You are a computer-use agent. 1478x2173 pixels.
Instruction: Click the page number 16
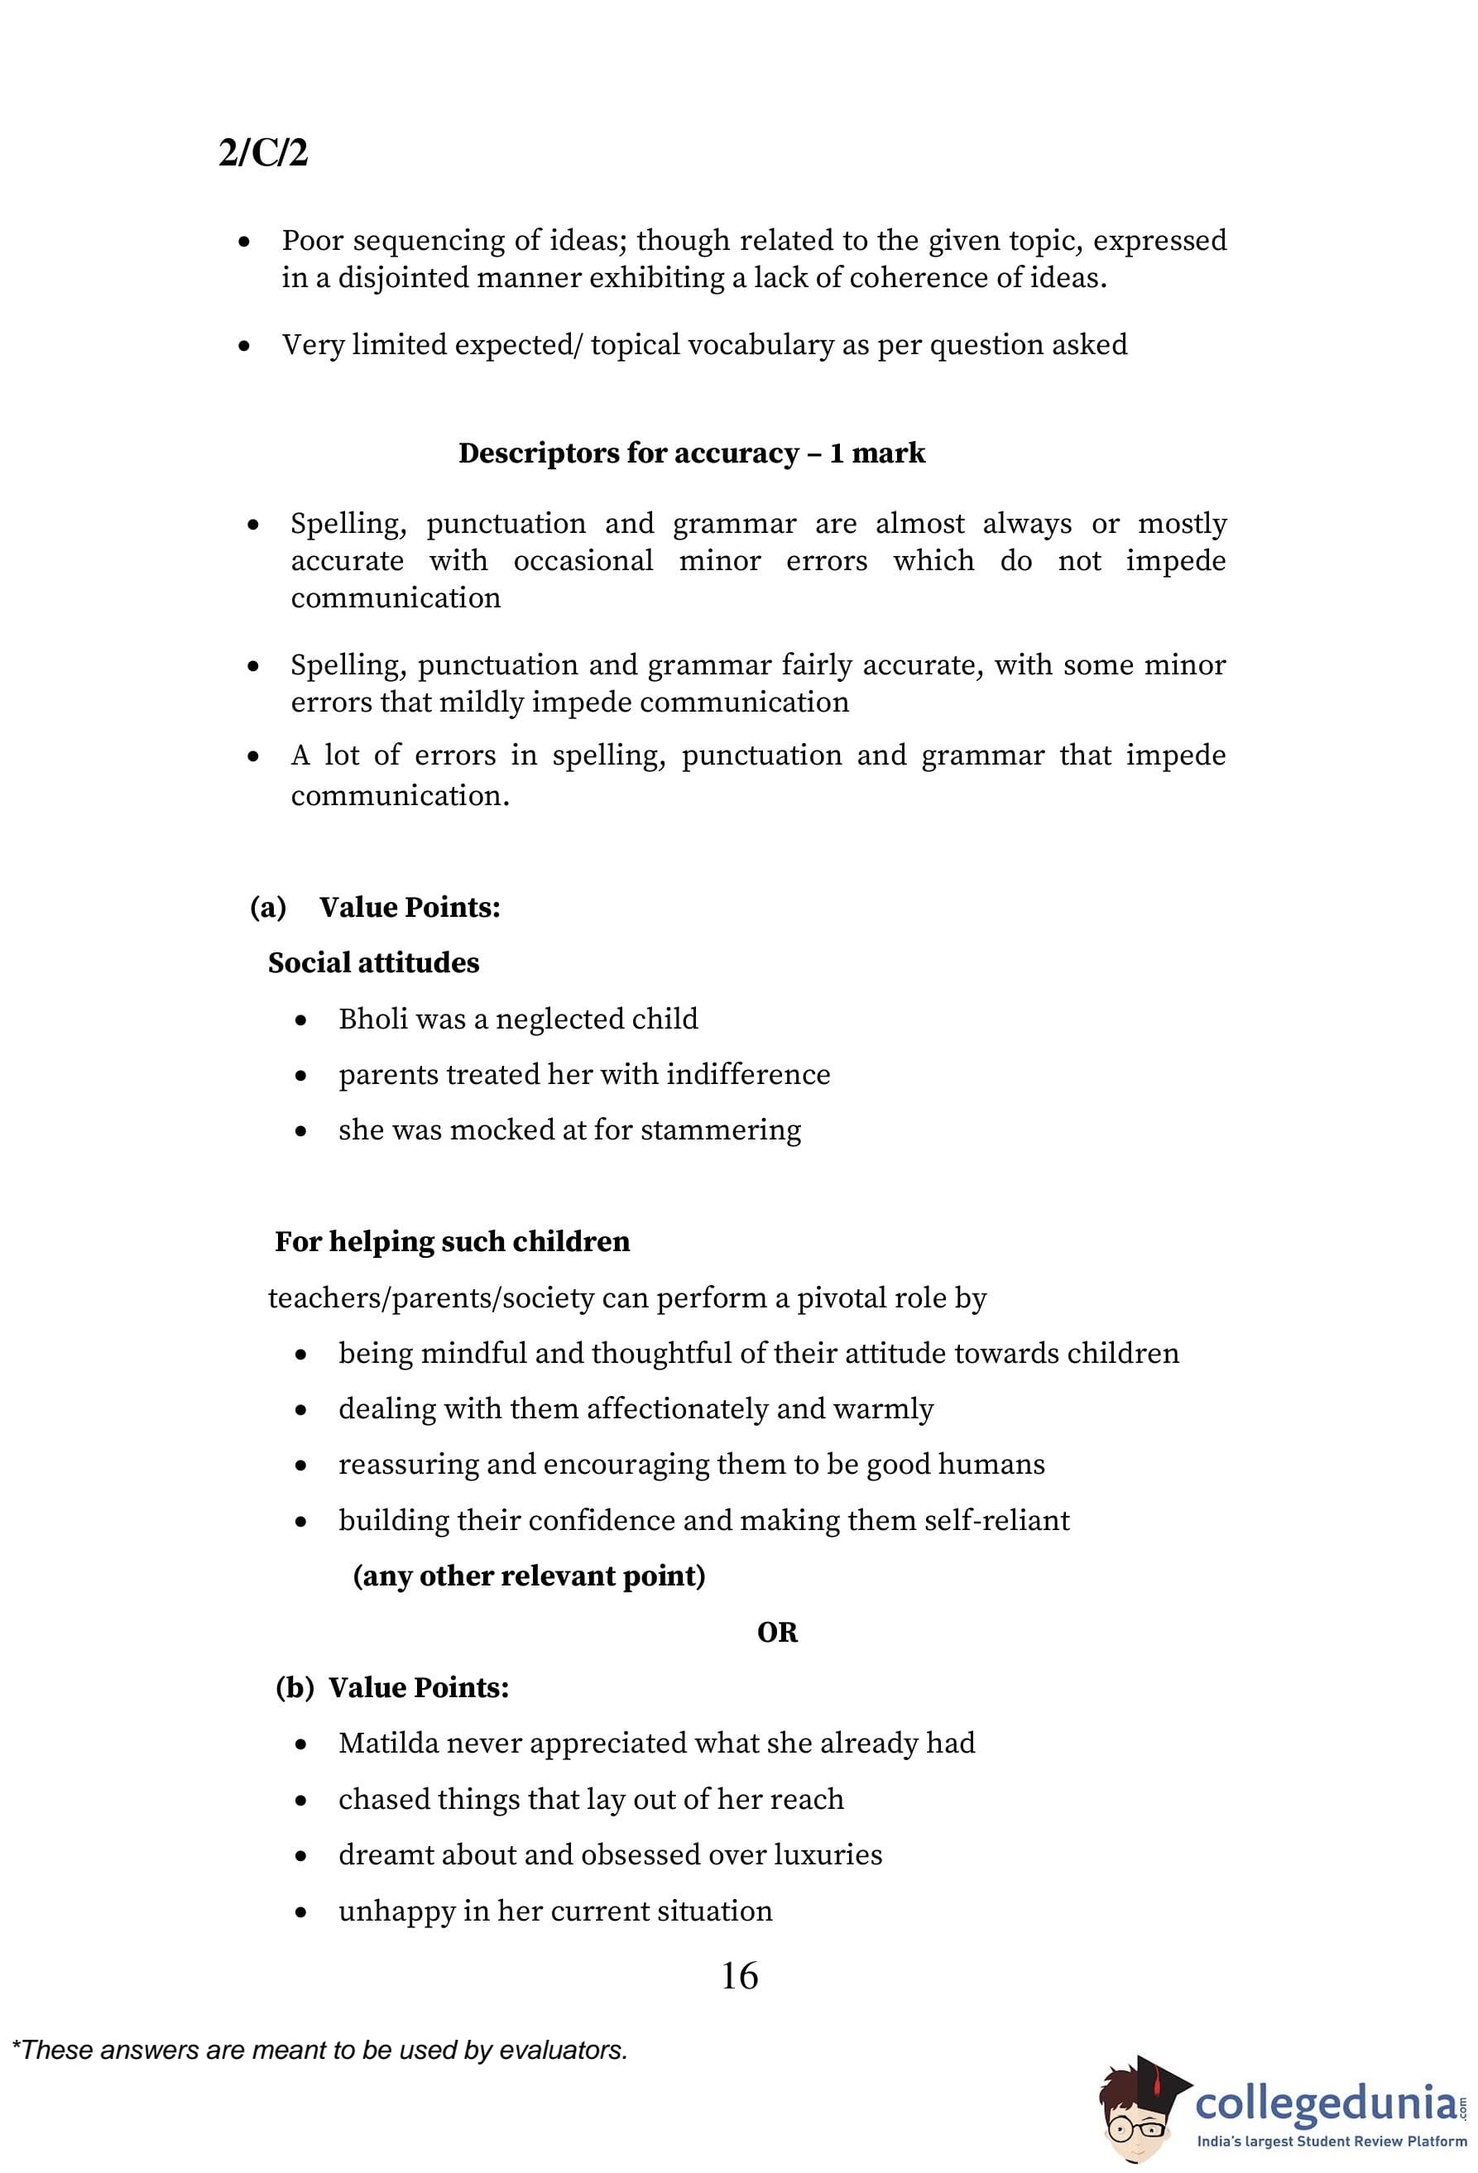740,1976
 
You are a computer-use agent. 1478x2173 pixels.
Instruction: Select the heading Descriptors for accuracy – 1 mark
691,453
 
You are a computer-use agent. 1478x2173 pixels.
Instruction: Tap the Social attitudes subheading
373,963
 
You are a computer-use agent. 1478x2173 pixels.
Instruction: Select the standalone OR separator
777,1633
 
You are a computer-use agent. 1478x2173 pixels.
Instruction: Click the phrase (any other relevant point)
528,1576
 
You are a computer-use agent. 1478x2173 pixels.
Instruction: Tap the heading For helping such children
452,1242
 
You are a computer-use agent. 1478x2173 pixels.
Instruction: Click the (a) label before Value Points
267,907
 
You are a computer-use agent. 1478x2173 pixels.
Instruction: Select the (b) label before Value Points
295,1688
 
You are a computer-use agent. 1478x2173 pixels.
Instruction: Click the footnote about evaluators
319,2051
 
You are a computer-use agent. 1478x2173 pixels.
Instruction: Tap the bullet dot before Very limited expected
244,346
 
